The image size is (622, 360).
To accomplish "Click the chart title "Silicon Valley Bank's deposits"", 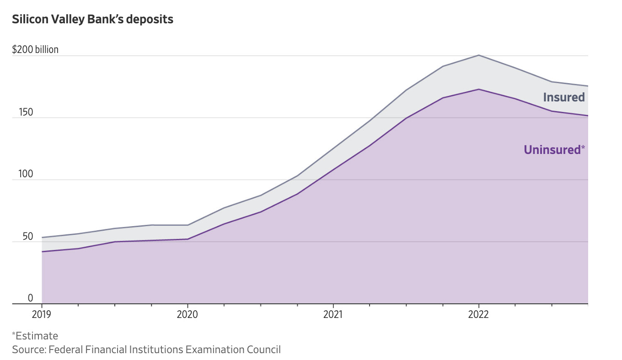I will pos(92,20).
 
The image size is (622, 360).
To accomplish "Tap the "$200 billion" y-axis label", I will pos(35,49).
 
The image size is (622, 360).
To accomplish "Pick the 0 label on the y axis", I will pos(31,298).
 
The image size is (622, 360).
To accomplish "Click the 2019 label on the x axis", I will pos(42,315).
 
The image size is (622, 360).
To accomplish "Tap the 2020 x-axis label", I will pos(188,315).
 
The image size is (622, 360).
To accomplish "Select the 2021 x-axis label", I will pos(333,315).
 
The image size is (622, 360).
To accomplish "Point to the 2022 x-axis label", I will pos(478,315).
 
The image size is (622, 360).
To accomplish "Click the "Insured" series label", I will pos(563,97).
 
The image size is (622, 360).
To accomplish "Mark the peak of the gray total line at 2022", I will pos(478,55).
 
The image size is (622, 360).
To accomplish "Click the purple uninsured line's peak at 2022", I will pos(478,89).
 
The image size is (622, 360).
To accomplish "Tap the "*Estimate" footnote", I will pos(35,336).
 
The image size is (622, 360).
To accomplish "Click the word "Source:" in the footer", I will pos(29,350).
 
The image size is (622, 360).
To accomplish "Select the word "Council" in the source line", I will pos(263,350).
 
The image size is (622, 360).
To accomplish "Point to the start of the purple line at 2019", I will pos(42,252).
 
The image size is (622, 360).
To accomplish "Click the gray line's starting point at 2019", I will pos(42,238).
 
